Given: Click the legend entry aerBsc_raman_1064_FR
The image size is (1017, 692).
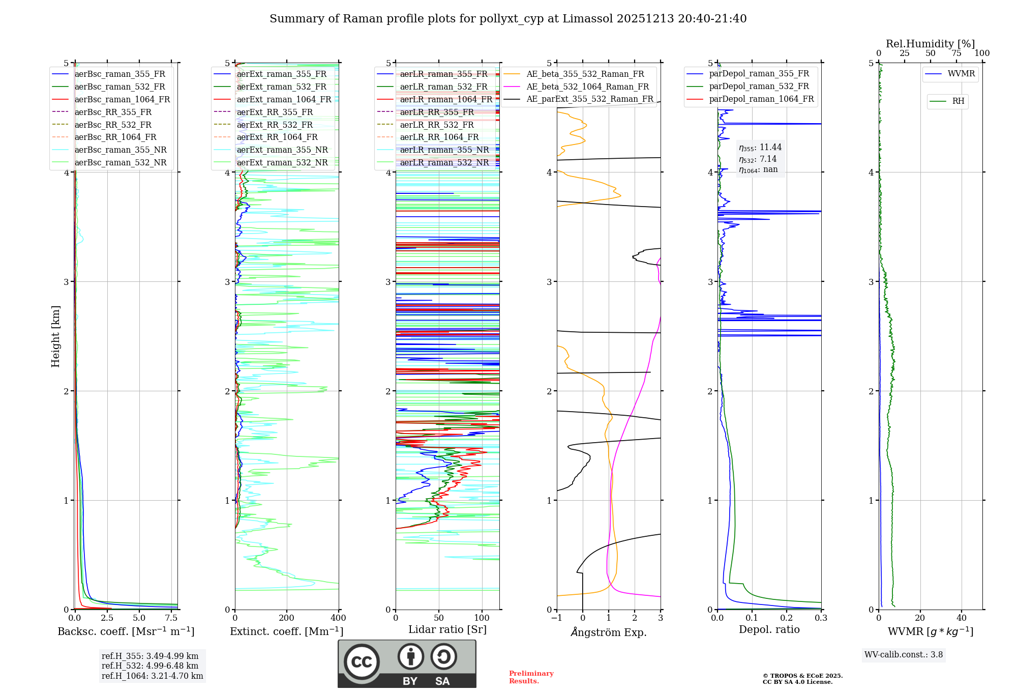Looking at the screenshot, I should pos(122,100).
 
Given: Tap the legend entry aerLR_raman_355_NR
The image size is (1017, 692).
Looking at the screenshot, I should pos(444,150).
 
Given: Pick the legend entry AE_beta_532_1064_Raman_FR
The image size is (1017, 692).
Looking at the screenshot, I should pos(587,87).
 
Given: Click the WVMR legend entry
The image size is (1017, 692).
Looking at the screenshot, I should pos(961,74).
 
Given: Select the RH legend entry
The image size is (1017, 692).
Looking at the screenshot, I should pos(958,101).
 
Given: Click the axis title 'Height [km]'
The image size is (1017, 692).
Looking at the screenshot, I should pos(55,336).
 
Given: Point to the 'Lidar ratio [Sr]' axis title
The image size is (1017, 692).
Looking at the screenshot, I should pos(447,629).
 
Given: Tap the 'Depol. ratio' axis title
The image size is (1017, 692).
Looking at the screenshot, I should pos(769,629).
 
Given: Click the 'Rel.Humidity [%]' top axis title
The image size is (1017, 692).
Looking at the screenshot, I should pos(930,44).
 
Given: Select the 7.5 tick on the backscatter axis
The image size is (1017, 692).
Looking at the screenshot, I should pos(171,618).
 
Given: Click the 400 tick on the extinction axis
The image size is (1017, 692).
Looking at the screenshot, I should pos(339,618).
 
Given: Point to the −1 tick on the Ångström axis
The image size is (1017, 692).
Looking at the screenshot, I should pos(556,618).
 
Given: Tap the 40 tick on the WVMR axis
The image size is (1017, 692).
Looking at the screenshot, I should pos(962,618).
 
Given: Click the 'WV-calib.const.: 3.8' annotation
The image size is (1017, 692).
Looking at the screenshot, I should pos(903,655).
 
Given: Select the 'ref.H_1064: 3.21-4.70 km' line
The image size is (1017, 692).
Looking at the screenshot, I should pos(152,676).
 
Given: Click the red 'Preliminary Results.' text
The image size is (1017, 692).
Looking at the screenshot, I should pos(531,677).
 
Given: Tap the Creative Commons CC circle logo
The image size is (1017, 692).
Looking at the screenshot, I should pos(362,662).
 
